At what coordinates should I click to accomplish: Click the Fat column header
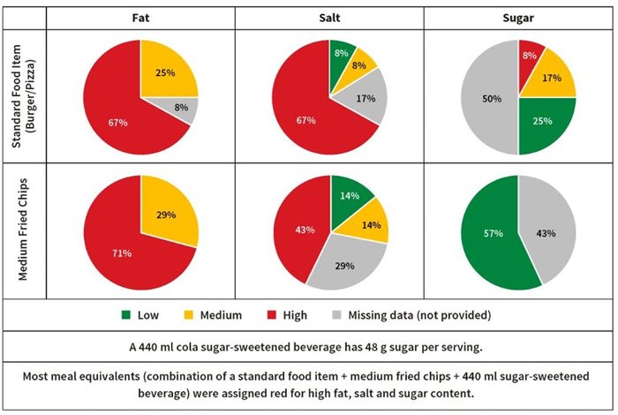[139, 17]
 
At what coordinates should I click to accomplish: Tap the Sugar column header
[518, 17]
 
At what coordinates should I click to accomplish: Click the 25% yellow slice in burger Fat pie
[164, 73]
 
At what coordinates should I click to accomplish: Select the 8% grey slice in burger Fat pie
[183, 109]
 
